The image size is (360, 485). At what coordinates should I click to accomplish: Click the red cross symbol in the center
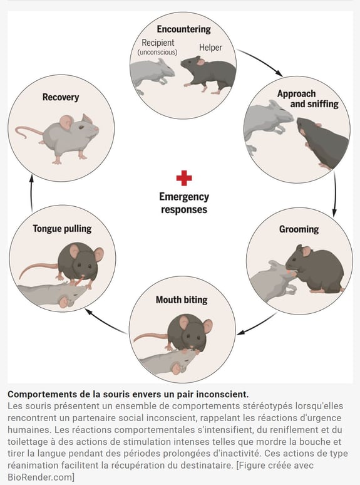(x=184, y=178)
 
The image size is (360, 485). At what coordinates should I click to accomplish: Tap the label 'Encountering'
(x=183, y=29)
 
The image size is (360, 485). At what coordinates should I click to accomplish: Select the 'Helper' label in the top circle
(x=210, y=48)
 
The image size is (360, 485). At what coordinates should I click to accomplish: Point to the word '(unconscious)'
(x=158, y=52)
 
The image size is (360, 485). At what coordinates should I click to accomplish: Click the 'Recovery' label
(x=61, y=97)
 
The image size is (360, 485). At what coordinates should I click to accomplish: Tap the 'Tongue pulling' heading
(x=62, y=229)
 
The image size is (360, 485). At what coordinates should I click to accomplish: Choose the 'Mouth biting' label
(x=182, y=300)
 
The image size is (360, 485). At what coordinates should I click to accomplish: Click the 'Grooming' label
(x=299, y=229)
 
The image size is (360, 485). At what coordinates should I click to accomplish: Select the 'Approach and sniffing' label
(x=308, y=98)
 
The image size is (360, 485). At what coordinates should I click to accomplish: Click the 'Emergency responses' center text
(x=184, y=203)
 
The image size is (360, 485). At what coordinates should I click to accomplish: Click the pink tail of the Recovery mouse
(x=28, y=132)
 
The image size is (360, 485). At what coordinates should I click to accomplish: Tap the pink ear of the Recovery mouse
(x=66, y=122)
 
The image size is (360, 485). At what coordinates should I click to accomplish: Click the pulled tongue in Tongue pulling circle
(x=80, y=281)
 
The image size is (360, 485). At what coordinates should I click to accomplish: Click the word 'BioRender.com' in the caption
(x=39, y=477)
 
